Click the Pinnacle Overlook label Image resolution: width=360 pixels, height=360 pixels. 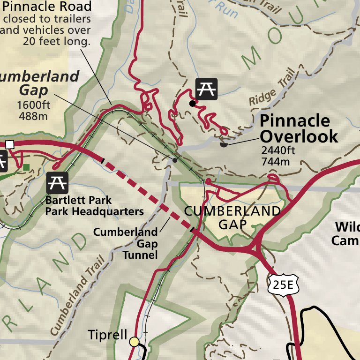coord(299,128)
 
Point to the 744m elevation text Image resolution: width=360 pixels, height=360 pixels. coord(276,162)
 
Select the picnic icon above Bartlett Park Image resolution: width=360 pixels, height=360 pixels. coord(57,182)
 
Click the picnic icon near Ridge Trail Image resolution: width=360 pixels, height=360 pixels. coord(206,89)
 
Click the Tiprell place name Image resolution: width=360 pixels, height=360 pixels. coord(107,335)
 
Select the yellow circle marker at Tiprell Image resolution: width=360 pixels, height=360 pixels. coord(135,342)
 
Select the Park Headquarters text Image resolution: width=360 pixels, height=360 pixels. coord(94,211)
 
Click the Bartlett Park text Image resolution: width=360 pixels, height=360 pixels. coord(78,201)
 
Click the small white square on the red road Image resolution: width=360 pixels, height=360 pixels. coord(10,144)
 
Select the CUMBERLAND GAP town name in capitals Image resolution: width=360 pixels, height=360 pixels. coord(232,217)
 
